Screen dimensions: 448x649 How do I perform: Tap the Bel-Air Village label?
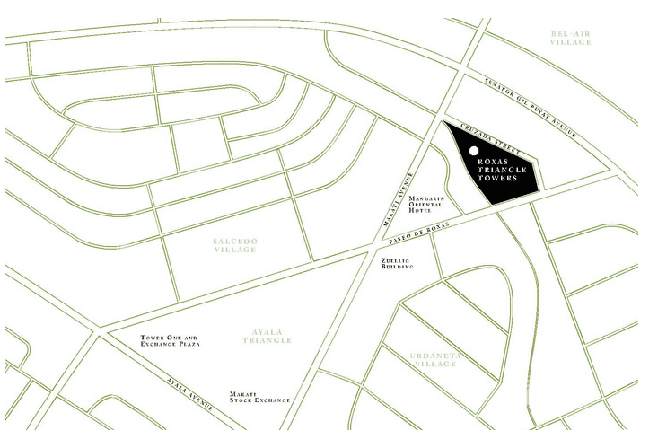572,38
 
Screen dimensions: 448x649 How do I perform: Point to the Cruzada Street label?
469,132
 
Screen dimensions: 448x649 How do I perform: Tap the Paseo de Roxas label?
420,234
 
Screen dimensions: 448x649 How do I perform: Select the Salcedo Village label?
236,244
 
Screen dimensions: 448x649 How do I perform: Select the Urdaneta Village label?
434,359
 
